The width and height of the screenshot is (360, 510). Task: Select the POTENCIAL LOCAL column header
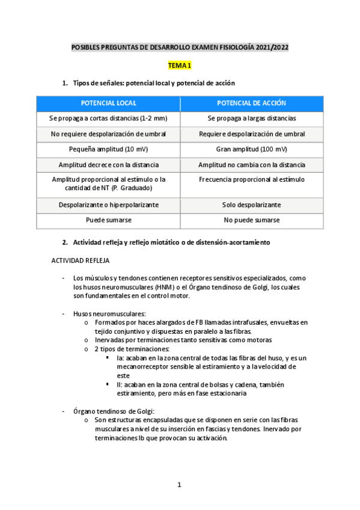click(108, 103)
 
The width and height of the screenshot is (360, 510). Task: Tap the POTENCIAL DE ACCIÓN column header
click(251, 103)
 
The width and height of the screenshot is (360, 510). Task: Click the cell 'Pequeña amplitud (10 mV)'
click(108, 149)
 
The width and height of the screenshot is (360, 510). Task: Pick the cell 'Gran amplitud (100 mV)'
click(251, 149)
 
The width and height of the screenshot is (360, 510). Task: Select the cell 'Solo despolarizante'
click(251, 205)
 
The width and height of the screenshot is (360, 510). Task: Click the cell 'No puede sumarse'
click(251, 220)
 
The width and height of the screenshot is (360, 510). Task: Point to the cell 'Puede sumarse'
click(108, 220)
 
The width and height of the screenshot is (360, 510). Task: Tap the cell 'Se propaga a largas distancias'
click(251, 118)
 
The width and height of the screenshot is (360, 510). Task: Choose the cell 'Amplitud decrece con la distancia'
click(108, 165)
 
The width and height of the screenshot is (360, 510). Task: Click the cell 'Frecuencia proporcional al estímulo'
click(251, 179)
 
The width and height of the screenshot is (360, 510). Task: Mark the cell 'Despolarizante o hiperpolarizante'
click(108, 205)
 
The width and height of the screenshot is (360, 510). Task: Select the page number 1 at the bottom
click(179, 485)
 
